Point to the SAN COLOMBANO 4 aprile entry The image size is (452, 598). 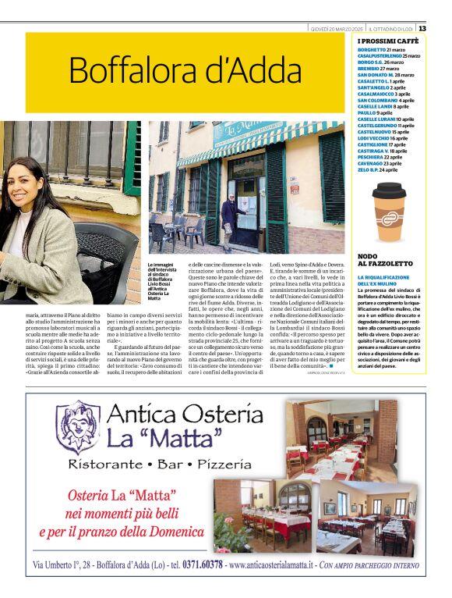pos(386,101)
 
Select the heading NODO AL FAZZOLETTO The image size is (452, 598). pos(379,261)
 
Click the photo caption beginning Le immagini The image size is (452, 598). pos(164,281)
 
